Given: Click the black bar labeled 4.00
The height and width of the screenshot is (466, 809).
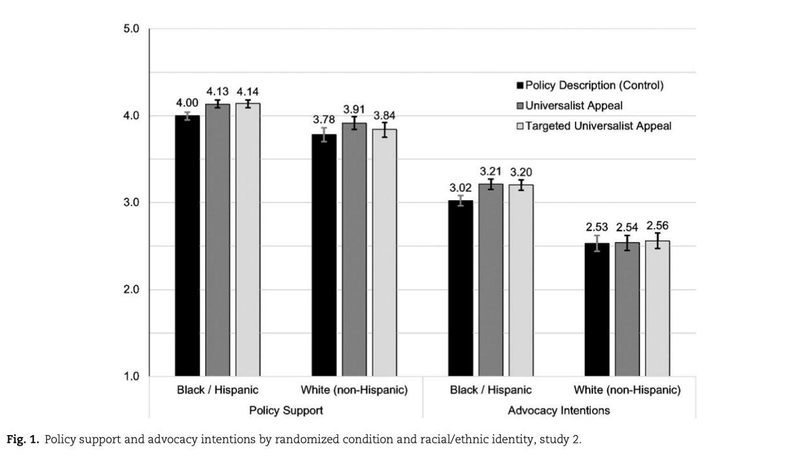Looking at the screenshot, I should click(x=188, y=246).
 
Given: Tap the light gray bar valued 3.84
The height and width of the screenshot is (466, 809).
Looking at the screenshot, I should click(x=384, y=253).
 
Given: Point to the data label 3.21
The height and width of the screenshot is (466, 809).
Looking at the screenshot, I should click(x=490, y=171).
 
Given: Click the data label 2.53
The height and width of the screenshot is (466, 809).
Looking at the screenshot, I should click(x=597, y=227).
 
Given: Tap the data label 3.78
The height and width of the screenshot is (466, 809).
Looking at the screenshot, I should click(x=324, y=120).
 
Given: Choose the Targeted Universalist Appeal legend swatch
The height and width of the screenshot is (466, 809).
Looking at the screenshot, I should click(x=521, y=126).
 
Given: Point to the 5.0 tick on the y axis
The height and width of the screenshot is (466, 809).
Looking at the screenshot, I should click(x=131, y=29).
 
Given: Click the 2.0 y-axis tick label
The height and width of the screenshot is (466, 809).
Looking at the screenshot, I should click(x=131, y=290).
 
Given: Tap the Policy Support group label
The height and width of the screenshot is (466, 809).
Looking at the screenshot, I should click(x=286, y=410).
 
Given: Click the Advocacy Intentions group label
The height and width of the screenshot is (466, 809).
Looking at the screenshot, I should click(x=559, y=410).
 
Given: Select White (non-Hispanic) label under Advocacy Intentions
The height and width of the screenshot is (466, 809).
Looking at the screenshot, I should click(x=627, y=390).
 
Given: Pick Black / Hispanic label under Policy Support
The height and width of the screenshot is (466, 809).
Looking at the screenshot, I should click(x=217, y=390).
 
